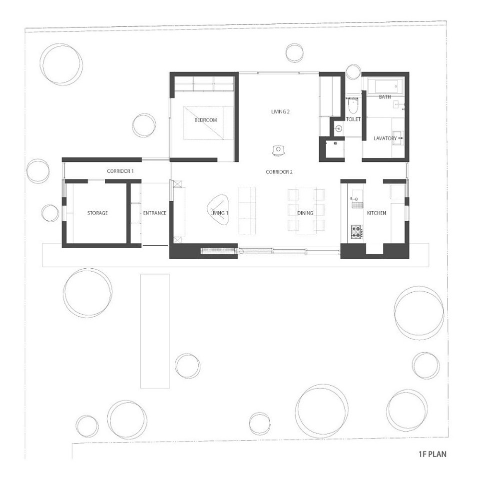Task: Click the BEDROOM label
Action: click(206, 120)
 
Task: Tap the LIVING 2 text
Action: click(280, 112)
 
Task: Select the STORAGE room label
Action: click(97, 213)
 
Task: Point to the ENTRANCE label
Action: click(154, 213)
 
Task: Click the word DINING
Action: click(305, 213)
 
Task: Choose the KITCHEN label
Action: click(376, 213)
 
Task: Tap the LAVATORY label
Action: click(385, 138)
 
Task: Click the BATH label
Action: click(385, 97)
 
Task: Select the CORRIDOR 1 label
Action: click(120, 171)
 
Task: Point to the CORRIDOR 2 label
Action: click(279, 172)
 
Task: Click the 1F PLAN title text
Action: click(432, 455)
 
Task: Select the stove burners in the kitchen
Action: click(357, 232)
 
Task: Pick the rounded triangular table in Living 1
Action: click(218, 210)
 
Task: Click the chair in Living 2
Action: click(278, 149)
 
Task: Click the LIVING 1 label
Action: click(219, 213)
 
